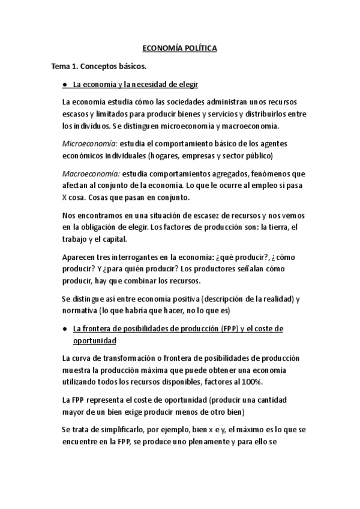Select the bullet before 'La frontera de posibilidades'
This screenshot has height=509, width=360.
(x=64, y=329)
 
